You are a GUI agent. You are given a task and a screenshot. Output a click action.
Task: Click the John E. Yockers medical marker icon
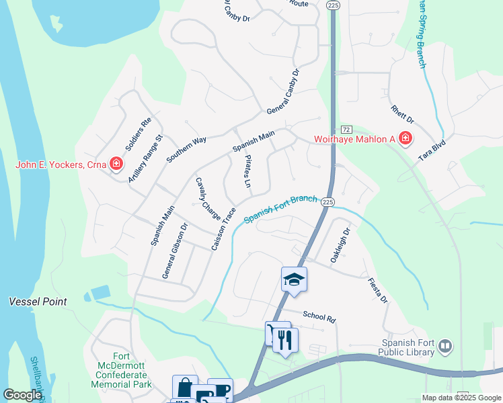[x=116, y=163]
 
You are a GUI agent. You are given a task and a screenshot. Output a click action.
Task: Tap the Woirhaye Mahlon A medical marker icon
[x=405, y=139]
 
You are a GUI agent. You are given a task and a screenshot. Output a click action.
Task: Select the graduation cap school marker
[x=294, y=279]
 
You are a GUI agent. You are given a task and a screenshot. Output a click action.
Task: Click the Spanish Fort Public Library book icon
[x=444, y=346]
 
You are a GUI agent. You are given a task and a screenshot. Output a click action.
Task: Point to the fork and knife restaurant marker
[x=285, y=340]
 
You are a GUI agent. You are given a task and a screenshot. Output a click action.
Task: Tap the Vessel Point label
[x=38, y=302]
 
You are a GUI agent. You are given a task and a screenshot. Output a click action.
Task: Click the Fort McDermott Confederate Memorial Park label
[x=121, y=370]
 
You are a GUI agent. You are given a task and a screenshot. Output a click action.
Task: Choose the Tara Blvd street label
[x=433, y=148]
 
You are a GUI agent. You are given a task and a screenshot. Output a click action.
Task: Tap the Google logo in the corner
[x=22, y=396]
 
